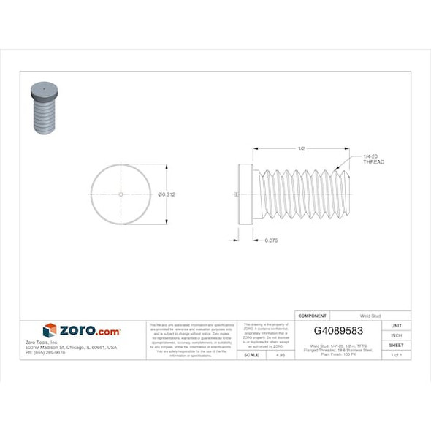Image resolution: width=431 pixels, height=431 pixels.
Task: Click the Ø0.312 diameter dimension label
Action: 167,194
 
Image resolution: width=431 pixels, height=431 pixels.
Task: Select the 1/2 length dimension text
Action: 301,149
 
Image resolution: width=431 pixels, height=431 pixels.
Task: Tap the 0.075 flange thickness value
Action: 271,240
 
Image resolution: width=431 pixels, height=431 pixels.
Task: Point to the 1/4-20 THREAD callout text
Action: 373,159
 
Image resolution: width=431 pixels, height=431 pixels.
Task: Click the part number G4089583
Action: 337,330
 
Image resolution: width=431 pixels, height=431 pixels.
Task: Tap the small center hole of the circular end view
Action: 121,194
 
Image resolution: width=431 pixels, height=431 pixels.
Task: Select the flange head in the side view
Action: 246,194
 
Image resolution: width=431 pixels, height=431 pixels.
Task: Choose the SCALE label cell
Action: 251,355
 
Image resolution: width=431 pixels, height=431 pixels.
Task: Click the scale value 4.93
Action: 280,355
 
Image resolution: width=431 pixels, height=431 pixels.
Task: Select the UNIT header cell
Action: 397,325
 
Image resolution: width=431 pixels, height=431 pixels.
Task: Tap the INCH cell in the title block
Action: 397,335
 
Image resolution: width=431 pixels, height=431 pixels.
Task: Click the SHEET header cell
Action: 397,345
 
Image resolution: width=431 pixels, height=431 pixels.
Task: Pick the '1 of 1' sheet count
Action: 397,355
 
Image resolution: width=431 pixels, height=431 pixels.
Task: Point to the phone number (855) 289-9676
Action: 45,352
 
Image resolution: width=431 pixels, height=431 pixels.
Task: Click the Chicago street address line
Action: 71,347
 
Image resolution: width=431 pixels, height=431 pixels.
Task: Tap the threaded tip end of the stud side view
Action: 347,194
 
